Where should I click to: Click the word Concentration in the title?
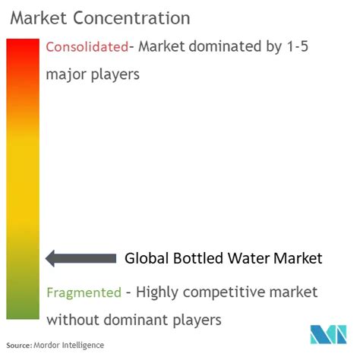click(x=131, y=18)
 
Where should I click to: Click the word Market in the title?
click(x=39, y=18)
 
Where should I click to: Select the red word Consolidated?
click(x=87, y=47)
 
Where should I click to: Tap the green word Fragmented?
click(x=84, y=292)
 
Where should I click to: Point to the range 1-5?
click(x=298, y=46)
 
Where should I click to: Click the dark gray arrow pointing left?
click(x=81, y=258)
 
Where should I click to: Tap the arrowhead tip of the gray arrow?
click(x=46, y=258)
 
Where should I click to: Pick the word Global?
click(x=147, y=258)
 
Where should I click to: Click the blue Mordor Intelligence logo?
click(x=328, y=334)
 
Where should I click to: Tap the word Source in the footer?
click(x=19, y=346)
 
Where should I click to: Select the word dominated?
click(x=225, y=46)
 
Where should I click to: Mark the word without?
click(x=73, y=320)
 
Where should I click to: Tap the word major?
click(x=66, y=74)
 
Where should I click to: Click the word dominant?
click(x=136, y=320)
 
